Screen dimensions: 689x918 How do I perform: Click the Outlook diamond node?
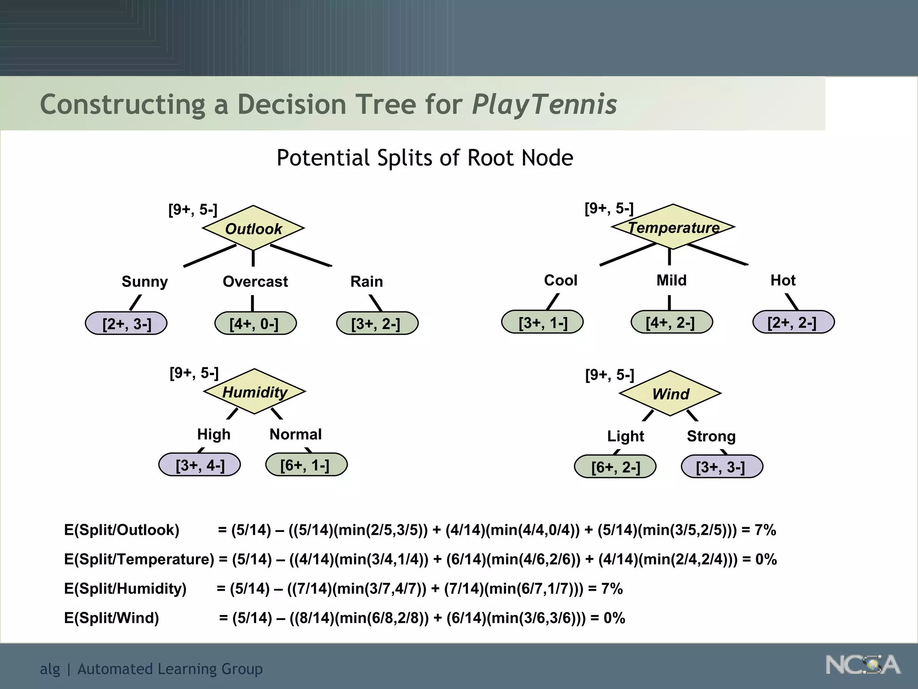click(253, 228)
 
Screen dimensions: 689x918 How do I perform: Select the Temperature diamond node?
click(673, 227)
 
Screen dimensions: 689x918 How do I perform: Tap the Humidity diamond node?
click(255, 392)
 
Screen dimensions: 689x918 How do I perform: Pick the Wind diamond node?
click(670, 393)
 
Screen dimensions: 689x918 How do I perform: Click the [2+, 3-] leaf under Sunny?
click(126, 323)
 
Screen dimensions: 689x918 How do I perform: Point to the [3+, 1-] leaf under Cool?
click(542, 322)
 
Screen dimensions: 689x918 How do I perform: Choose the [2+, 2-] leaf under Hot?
click(793, 322)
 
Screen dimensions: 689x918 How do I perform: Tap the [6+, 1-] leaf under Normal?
click(306, 465)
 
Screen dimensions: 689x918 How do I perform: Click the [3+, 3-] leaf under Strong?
click(721, 467)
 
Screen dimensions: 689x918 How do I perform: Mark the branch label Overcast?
click(255, 281)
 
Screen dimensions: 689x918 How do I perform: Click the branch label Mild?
click(671, 280)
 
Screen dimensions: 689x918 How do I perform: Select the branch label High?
click(214, 434)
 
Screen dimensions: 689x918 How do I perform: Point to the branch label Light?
click(625, 436)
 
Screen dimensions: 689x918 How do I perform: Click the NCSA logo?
click(862, 665)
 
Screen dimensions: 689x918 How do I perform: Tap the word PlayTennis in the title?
click(544, 105)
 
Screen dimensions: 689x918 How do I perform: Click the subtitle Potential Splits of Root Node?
click(424, 158)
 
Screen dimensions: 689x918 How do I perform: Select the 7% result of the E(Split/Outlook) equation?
click(765, 530)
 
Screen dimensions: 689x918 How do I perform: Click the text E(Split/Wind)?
click(112, 618)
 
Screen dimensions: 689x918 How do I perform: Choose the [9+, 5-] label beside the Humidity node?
click(194, 373)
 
